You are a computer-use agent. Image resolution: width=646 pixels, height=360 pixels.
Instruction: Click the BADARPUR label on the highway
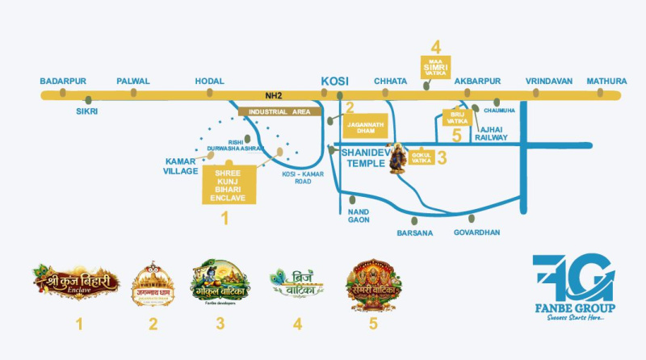(x=63, y=82)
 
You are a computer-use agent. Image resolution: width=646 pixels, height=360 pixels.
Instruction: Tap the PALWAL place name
(x=133, y=82)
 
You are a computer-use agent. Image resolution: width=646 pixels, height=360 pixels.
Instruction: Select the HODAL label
(x=211, y=82)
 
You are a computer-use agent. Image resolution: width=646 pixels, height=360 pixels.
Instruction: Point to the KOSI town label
(x=335, y=81)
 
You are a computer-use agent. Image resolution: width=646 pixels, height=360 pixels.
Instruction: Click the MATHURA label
(x=606, y=82)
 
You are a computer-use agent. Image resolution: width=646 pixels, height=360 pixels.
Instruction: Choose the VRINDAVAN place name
(x=548, y=82)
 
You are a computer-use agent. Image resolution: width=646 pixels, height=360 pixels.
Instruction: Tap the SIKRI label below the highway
(x=86, y=111)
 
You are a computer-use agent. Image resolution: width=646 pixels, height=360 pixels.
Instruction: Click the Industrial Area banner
(x=279, y=111)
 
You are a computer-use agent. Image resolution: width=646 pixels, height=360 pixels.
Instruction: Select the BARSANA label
(x=415, y=232)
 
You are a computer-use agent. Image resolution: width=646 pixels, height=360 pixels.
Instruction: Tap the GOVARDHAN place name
(x=476, y=232)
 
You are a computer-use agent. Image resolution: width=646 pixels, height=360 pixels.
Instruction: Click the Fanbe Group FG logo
(x=573, y=278)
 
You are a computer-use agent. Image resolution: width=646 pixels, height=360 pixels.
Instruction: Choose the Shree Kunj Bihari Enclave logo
(x=77, y=282)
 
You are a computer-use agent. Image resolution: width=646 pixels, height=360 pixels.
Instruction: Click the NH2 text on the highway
(x=282, y=94)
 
